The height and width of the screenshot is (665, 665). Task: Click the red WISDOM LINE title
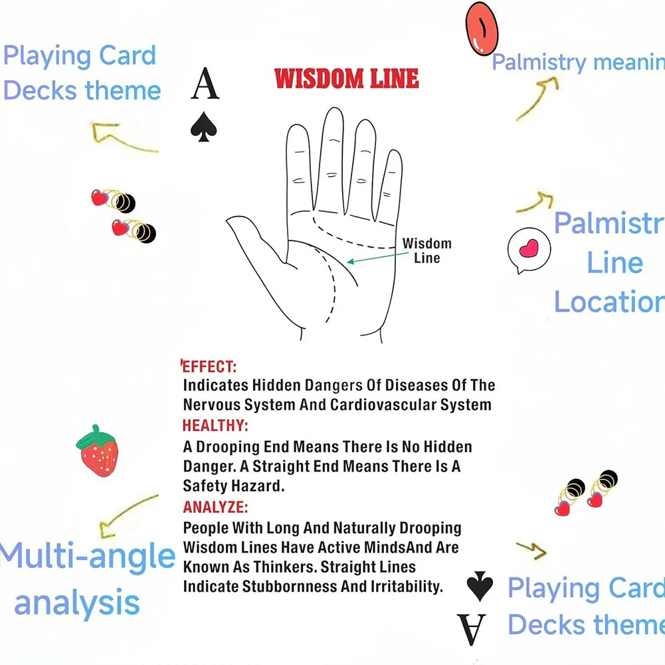346,78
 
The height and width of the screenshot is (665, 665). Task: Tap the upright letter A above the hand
205,84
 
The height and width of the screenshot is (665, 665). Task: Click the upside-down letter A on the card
471,629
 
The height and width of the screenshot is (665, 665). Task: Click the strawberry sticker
98,452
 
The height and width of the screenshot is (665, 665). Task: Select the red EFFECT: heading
209,366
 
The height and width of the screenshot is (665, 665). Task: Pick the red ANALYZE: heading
215,508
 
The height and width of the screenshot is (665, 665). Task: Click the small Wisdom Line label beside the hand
427,251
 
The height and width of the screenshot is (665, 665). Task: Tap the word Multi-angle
86,557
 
